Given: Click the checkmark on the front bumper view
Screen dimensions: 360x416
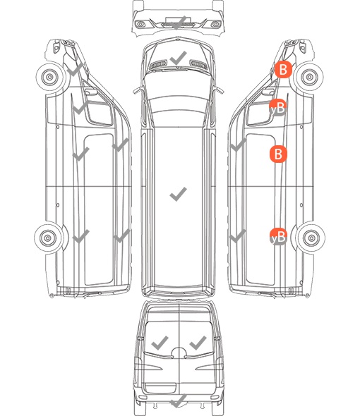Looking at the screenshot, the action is pos(179,23).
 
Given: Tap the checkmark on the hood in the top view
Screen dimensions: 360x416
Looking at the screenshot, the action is pos(179,58).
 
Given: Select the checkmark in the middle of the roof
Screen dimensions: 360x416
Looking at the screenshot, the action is pos(179,194).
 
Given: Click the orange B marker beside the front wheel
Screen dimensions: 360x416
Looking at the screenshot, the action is pos(283,70).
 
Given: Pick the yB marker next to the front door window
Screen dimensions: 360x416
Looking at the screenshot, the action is pos(278,108).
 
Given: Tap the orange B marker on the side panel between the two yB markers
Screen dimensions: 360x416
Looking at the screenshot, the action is pos(278,154).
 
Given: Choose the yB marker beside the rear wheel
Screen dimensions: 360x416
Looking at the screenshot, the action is pos(278,237).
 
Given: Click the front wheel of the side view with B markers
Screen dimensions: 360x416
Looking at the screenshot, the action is pos(309,77).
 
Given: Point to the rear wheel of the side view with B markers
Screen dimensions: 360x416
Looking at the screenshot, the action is pos(311,238).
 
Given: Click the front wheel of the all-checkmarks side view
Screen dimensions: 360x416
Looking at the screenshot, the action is pos(50,77).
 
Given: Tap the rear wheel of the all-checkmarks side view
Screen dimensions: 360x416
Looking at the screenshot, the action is pos(48,238).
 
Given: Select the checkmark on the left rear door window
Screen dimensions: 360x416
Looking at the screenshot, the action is pos(160,343).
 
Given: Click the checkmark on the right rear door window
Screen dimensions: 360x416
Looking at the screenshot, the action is pos(198,343).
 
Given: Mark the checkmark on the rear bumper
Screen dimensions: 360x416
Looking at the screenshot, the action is pos(179,400).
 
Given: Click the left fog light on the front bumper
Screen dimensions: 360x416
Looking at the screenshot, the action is pos(140,25).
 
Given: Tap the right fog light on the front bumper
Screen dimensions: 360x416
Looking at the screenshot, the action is pos(215,25).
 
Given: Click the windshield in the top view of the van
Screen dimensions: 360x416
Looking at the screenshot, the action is pos(179,85).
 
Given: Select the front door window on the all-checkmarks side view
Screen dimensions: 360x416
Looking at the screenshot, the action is pos(100,113).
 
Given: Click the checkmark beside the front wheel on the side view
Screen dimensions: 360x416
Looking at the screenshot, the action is pos(76,70).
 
